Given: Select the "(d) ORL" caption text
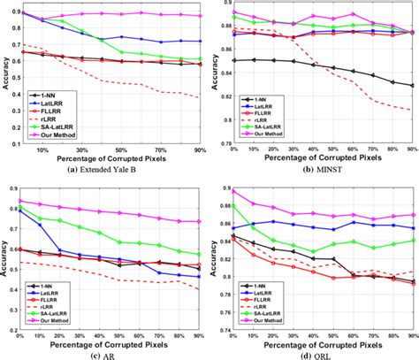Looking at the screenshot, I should (x=314, y=354).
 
